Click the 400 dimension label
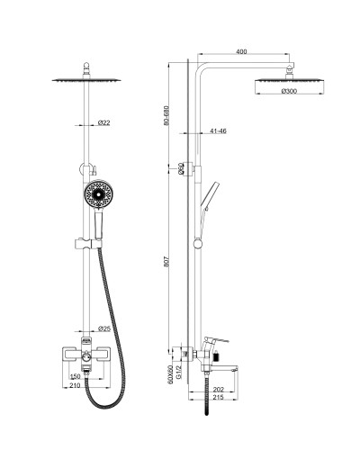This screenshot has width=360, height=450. (241, 51)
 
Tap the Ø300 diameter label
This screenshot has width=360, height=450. (289, 91)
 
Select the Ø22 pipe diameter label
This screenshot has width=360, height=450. (104, 122)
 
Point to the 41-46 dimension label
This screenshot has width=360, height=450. (218, 130)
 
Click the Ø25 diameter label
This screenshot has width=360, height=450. (104, 328)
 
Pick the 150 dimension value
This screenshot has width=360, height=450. (75, 376)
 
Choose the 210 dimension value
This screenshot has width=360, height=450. (75, 385)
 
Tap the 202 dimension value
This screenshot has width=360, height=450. (219, 390)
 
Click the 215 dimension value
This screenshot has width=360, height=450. (219, 397)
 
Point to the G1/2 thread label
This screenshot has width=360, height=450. (179, 373)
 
